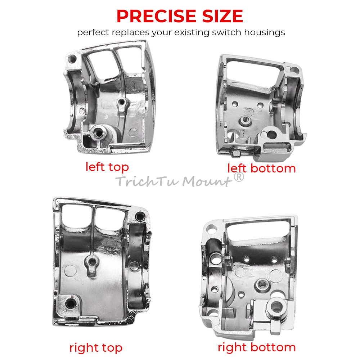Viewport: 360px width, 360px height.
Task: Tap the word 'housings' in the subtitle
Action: [265, 32]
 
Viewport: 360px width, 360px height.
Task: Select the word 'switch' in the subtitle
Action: [226, 32]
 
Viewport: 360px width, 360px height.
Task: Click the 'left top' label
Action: [107, 167]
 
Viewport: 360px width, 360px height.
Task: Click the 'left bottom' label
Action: [261, 168]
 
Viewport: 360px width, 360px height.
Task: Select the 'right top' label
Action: [96, 348]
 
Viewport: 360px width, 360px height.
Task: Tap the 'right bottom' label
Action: [257, 347]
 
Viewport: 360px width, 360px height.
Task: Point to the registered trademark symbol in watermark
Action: [239, 177]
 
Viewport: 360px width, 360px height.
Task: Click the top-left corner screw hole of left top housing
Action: [72, 59]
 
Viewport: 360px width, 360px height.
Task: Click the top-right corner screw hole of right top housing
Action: [140, 216]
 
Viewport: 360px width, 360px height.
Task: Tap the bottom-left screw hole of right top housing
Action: [71, 304]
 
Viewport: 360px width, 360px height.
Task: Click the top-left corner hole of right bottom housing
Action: [211, 229]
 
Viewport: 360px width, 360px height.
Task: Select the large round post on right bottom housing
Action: [276, 307]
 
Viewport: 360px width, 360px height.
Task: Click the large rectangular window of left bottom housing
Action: [253, 71]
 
